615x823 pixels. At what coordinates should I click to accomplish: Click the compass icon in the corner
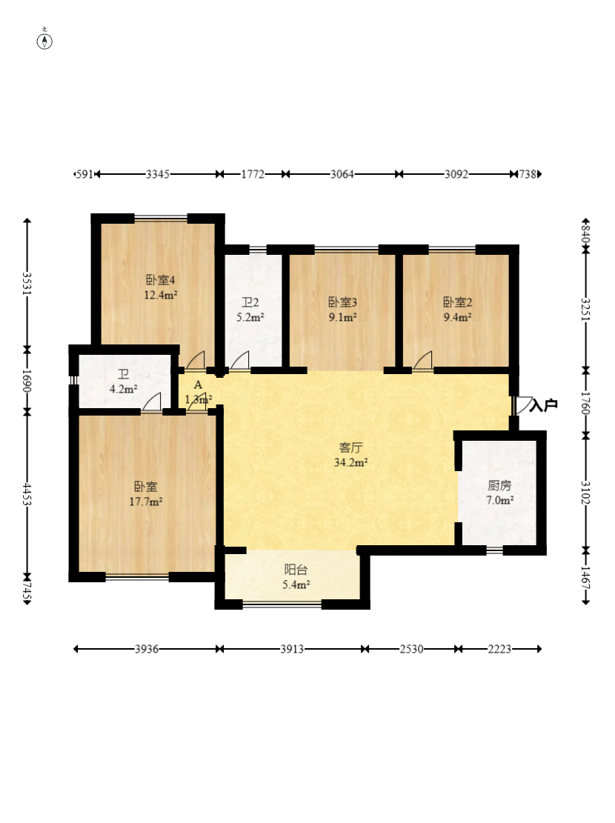pyautogui.click(x=44, y=41)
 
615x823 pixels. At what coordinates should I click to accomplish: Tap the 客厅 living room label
pyautogui.click(x=350, y=447)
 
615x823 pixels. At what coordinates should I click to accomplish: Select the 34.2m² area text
pyautogui.click(x=350, y=462)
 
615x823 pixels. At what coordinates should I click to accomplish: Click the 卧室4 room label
pyautogui.click(x=160, y=280)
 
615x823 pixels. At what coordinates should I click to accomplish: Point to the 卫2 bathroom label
pyautogui.click(x=250, y=302)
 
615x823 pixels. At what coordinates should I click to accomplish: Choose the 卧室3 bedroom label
pyautogui.click(x=342, y=302)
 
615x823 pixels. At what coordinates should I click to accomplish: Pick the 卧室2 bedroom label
pyautogui.click(x=457, y=302)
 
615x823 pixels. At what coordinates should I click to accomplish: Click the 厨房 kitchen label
pyautogui.click(x=499, y=485)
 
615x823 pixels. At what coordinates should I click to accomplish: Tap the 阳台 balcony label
pyautogui.click(x=296, y=570)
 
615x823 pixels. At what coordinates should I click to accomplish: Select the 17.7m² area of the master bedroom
pyautogui.click(x=146, y=502)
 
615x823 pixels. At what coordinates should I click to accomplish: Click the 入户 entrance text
pyautogui.click(x=544, y=405)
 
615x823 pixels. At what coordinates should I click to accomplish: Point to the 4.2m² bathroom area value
pyautogui.click(x=124, y=390)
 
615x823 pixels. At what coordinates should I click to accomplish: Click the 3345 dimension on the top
pyautogui.click(x=158, y=174)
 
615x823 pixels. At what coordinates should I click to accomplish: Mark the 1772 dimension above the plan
pyautogui.click(x=253, y=174)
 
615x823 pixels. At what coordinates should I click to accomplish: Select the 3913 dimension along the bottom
pyautogui.click(x=292, y=649)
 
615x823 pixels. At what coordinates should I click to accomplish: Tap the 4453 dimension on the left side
pyautogui.click(x=27, y=493)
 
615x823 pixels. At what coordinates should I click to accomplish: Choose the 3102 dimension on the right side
pyautogui.click(x=585, y=493)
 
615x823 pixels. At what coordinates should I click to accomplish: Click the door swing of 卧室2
pyautogui.click(x=423, y=360)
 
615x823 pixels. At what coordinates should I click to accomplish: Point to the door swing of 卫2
pyautogui.click(x=240, y=360)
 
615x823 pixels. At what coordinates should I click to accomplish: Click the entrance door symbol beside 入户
pyautogui.click(x=523, y=405)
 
